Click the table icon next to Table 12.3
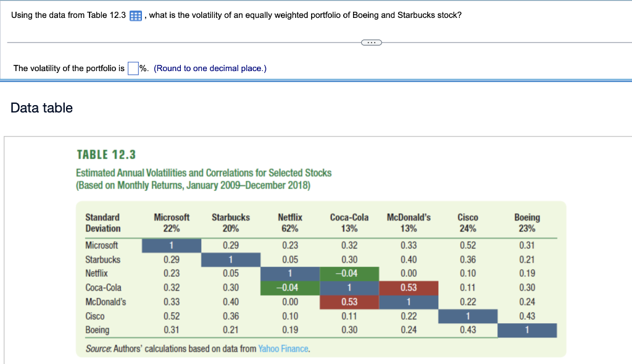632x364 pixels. [x=136, y=15]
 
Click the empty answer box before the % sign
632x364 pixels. [x=133, y=69]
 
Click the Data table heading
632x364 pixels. [x=42, y=108]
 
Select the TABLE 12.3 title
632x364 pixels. [x=106, y=154]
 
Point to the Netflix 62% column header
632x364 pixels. [x=290, y=222]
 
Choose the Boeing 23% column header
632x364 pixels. [x=526, y=222]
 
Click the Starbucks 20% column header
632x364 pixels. [x=230, y=222]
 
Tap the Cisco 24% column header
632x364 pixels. [x=467, y=222]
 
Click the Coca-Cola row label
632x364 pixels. [x=103, y=287]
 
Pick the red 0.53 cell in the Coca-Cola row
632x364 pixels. [x=408, y=287]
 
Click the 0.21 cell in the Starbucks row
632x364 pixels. [x=526, y=260]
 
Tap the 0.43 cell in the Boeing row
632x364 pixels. [x=468, y=330]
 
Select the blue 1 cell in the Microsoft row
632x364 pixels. [x=172, y=245]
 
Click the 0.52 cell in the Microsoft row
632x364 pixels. [x=468, y=245]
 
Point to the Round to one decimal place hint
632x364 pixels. [x=210, y=69]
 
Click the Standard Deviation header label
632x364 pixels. [x=102, y=222]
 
